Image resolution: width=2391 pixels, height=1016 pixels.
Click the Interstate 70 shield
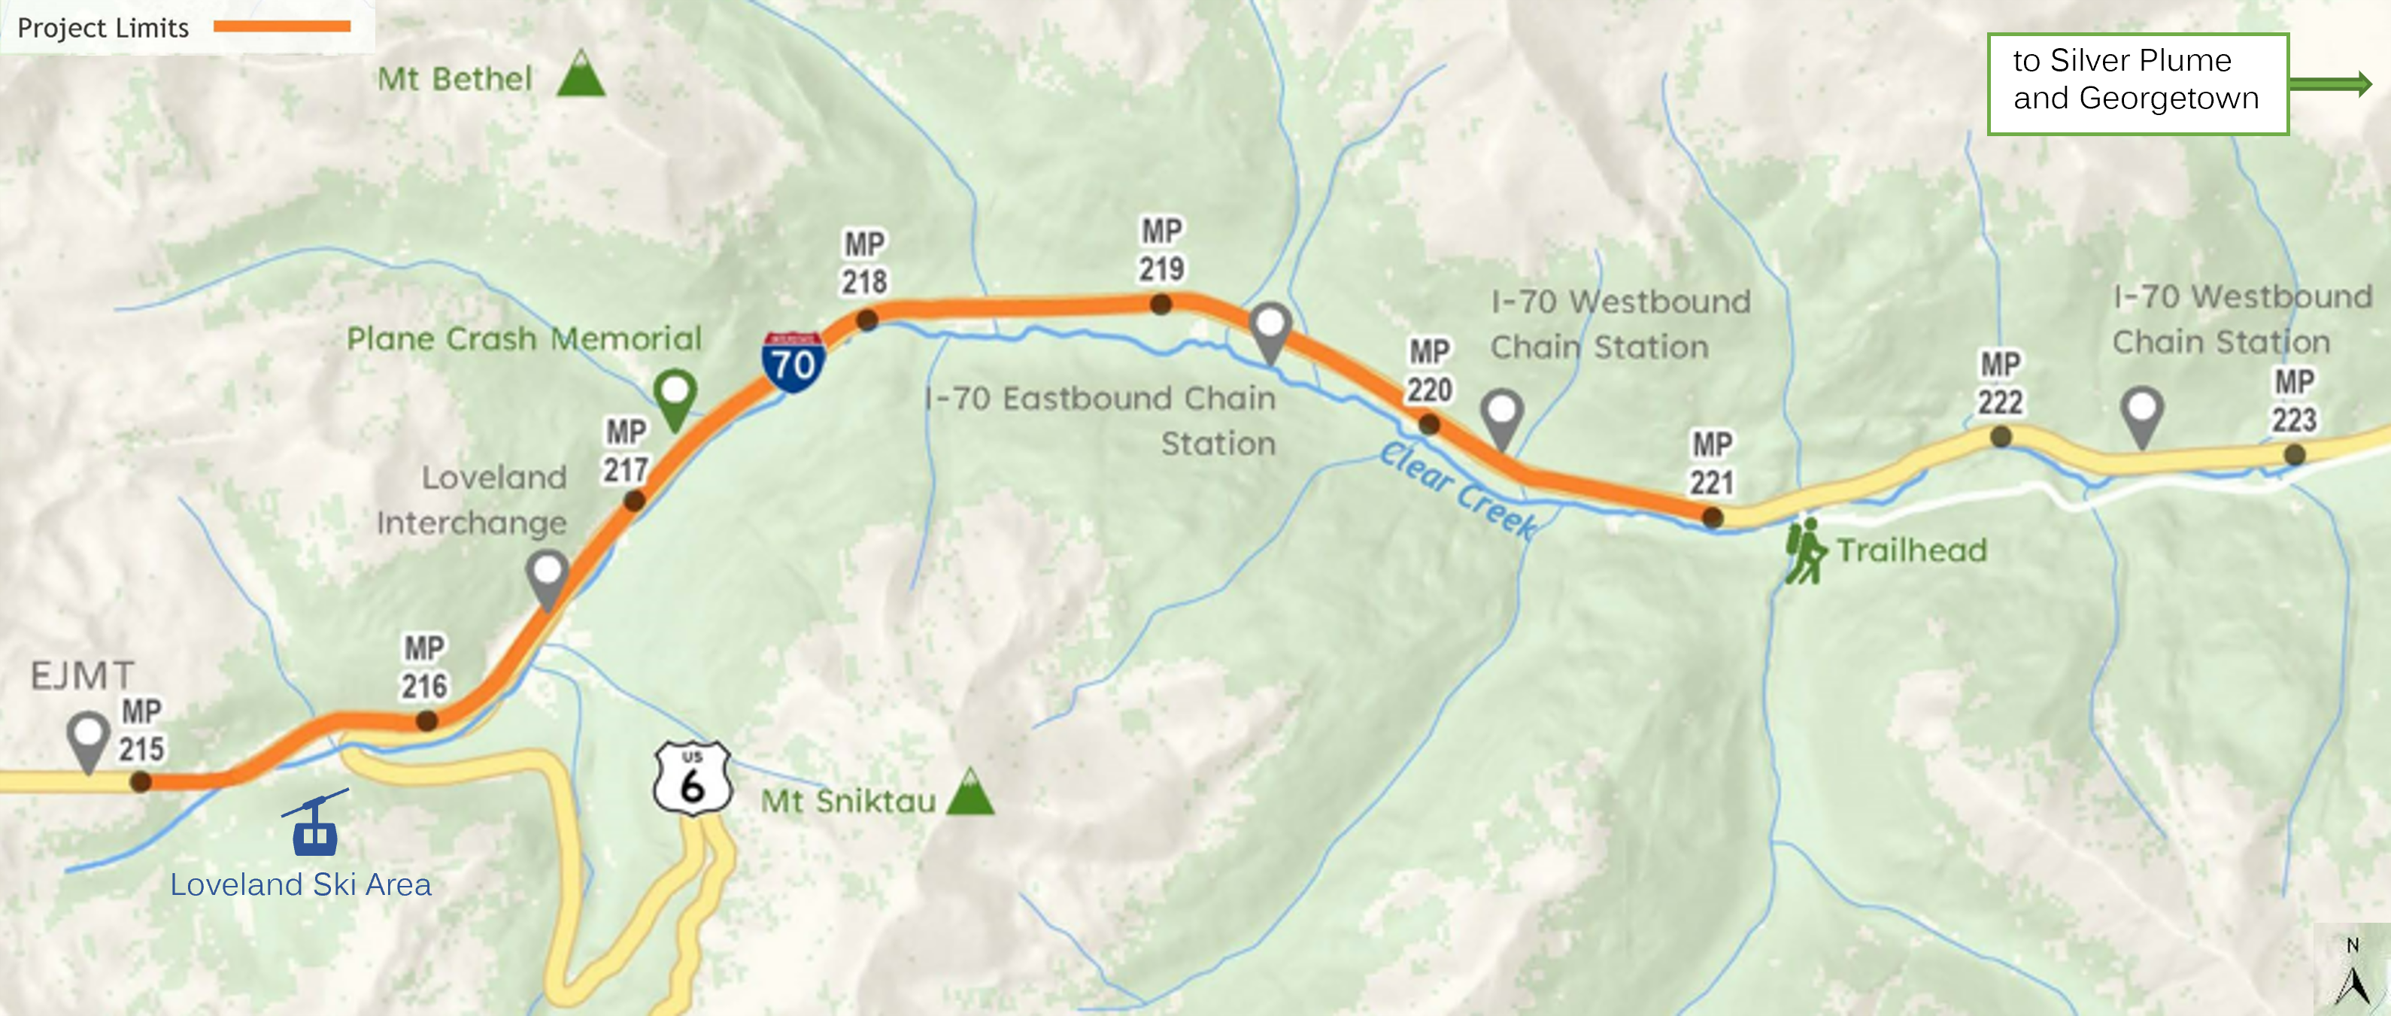click(x=793, y=362)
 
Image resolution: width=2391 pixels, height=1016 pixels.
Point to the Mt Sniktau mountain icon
click(x=970, y=793)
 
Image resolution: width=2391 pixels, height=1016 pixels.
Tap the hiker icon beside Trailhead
click(x=1804, y=551)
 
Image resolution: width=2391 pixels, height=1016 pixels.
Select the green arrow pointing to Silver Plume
click(x=2331, y=84)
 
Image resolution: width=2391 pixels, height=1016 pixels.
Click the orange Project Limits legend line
click(x=282, y=26)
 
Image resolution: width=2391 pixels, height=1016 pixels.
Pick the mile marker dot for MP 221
click(x=1713, y=517)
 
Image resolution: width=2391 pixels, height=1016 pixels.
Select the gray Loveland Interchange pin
click(x=548, y=577)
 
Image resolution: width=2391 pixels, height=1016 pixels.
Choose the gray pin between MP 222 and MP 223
click(x=2142, y=415)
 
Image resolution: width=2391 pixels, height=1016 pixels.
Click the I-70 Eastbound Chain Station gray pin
click(x=1270, y=330)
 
